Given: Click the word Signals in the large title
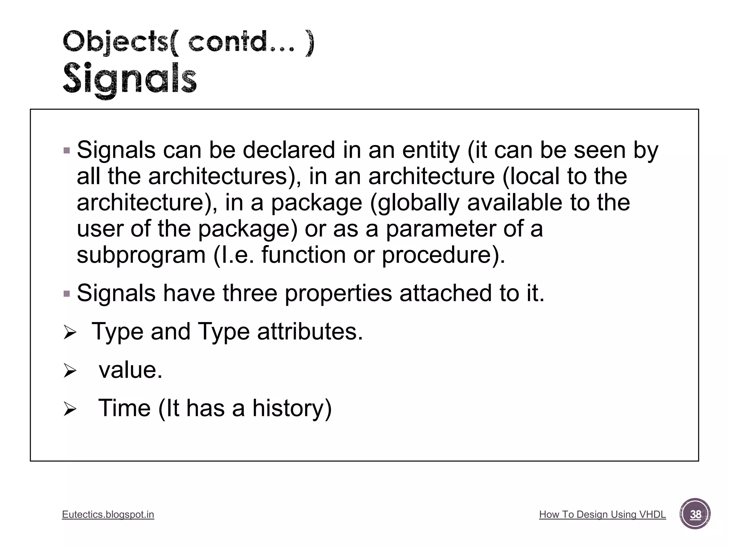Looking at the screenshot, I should click(x=130, y=79).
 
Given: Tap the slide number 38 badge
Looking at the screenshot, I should click(x=695, y=514).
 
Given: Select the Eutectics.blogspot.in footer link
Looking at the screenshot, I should click(x=108, y=514).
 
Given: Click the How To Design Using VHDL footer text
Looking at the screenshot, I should click(x=602, y=514).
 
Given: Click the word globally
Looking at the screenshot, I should click(x=418, y=203).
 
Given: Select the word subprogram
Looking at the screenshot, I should click(x=141, y=255).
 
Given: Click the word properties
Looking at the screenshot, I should click(x=338, y=294).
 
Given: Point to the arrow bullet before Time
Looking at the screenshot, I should click(x=70, y=410).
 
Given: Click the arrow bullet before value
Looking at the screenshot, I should click(x=70, y=372).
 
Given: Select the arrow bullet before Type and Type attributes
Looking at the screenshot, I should click(x=70, y=333).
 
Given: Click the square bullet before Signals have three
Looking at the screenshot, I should click(x=67, y=294).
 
